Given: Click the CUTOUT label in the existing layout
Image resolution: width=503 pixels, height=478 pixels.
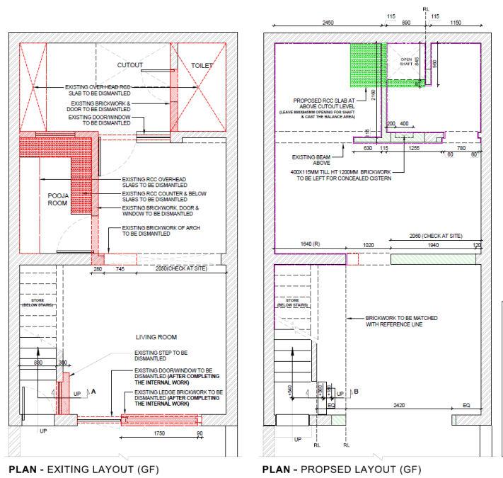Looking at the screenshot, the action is point(130,65).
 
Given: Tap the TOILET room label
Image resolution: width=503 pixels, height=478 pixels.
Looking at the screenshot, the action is point(202,65).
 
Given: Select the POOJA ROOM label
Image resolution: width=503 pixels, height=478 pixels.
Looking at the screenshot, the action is point(57,198).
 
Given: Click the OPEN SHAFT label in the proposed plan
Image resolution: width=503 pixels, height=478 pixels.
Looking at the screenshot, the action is point(406,61).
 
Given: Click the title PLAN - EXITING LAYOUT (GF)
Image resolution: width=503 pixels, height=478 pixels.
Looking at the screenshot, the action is point(83,470).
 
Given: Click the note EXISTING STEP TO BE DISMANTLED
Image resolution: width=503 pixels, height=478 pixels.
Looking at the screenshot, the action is point(161,355).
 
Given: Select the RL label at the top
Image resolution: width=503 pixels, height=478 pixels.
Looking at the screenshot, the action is point(425,9).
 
